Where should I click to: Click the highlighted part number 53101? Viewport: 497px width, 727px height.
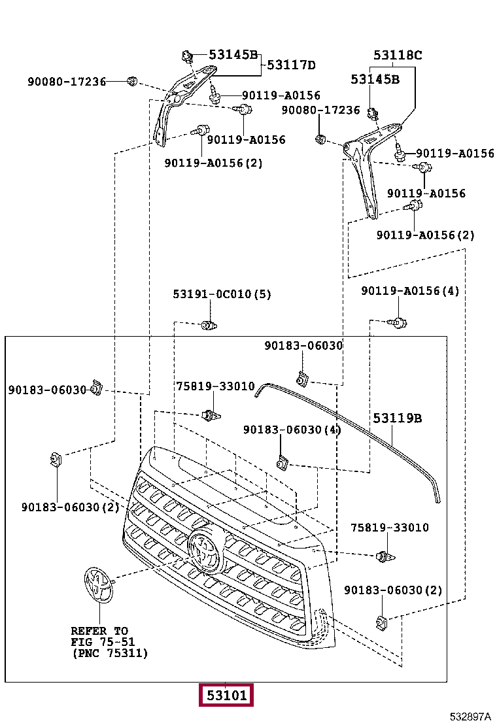(226, 695)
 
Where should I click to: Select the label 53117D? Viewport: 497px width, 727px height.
(291, 65)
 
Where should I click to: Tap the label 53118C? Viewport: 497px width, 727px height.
(398, 55)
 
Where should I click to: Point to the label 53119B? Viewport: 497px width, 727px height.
(398, 418)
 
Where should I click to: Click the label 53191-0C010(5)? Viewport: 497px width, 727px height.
(222, 294)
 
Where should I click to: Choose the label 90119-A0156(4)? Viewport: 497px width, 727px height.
(410, 291)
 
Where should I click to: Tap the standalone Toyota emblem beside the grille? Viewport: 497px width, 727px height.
(99, 585)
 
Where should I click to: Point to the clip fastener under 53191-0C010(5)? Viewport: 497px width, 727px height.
(209, 325)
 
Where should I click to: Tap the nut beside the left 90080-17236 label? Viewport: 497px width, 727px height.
(132, 82)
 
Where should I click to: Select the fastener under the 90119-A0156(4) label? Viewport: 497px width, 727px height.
(398, 322)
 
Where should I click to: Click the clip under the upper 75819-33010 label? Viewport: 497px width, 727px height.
(211, 415)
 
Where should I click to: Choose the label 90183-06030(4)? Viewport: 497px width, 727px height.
(292, 430)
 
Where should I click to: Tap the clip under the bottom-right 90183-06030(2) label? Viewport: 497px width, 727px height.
(381, 620)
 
